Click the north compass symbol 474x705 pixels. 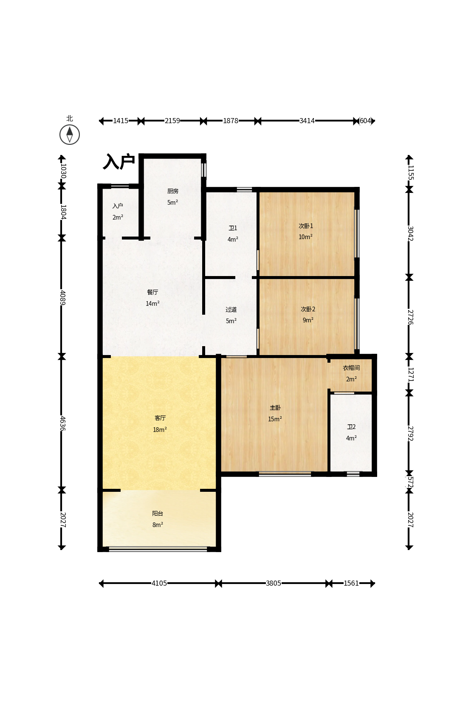[x=70, y=134]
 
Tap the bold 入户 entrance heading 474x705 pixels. [x=119, y=162]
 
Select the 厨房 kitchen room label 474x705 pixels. [x=173, y=191]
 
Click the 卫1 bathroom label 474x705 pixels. [x=233, y=228]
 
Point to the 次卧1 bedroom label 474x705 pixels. [x=306, y=226]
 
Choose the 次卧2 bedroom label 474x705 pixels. [x=308, y=309]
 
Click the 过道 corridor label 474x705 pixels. [x=231, y=310]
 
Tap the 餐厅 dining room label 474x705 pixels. [x=152, y=292]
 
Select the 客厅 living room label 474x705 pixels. [x=160, y=418]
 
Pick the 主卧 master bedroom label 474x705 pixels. [x=275, y=408]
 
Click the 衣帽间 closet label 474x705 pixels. [x=351, y=368]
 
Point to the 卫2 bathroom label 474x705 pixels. [x=351, y=427]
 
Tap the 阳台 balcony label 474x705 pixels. [x=158, y=513]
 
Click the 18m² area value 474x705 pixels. [x=160, y=430]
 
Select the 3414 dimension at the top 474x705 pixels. [x=307, y=121]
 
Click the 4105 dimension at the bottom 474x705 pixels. [x=159, y=583]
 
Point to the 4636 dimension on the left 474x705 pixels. [x=62, y=423]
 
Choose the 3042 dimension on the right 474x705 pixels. [x=410, y=234]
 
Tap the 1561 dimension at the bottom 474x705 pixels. [x=351, y=583]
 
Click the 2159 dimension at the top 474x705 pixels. [x=172, y=121]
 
